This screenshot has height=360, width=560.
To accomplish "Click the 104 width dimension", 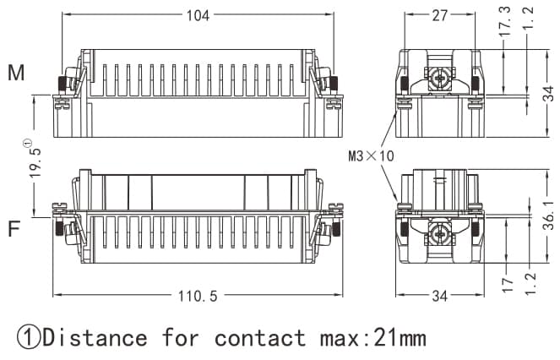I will pos(198,15).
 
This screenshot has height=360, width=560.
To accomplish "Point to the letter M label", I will pos(16,74).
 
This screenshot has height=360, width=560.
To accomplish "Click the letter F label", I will pos(14,229).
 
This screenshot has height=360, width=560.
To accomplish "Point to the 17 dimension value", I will pos(504,286).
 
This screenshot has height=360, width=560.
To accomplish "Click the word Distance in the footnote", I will pos(95,338).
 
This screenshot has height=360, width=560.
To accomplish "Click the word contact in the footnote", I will pos(260,338).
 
